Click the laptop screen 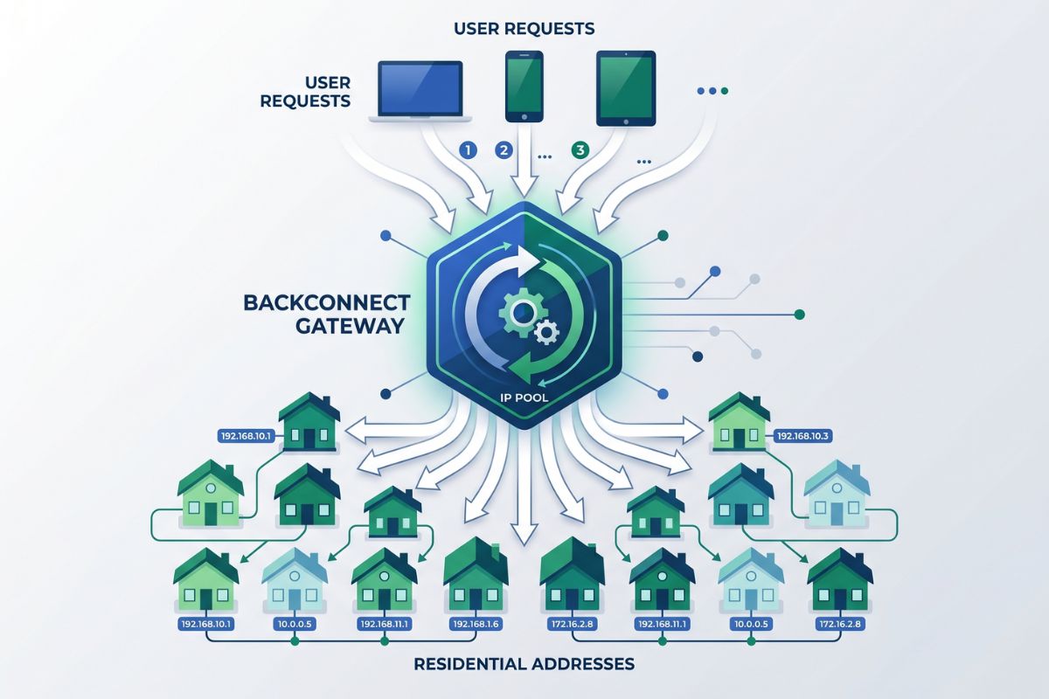point(419,87)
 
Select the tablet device point(625,87)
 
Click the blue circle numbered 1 point(468,149)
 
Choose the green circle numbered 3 point(579,149)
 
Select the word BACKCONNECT point(326,303)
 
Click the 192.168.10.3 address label point(802,435)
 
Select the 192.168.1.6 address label point(476,625)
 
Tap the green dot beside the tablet point(725,90)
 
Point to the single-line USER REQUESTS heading point(524,29)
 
